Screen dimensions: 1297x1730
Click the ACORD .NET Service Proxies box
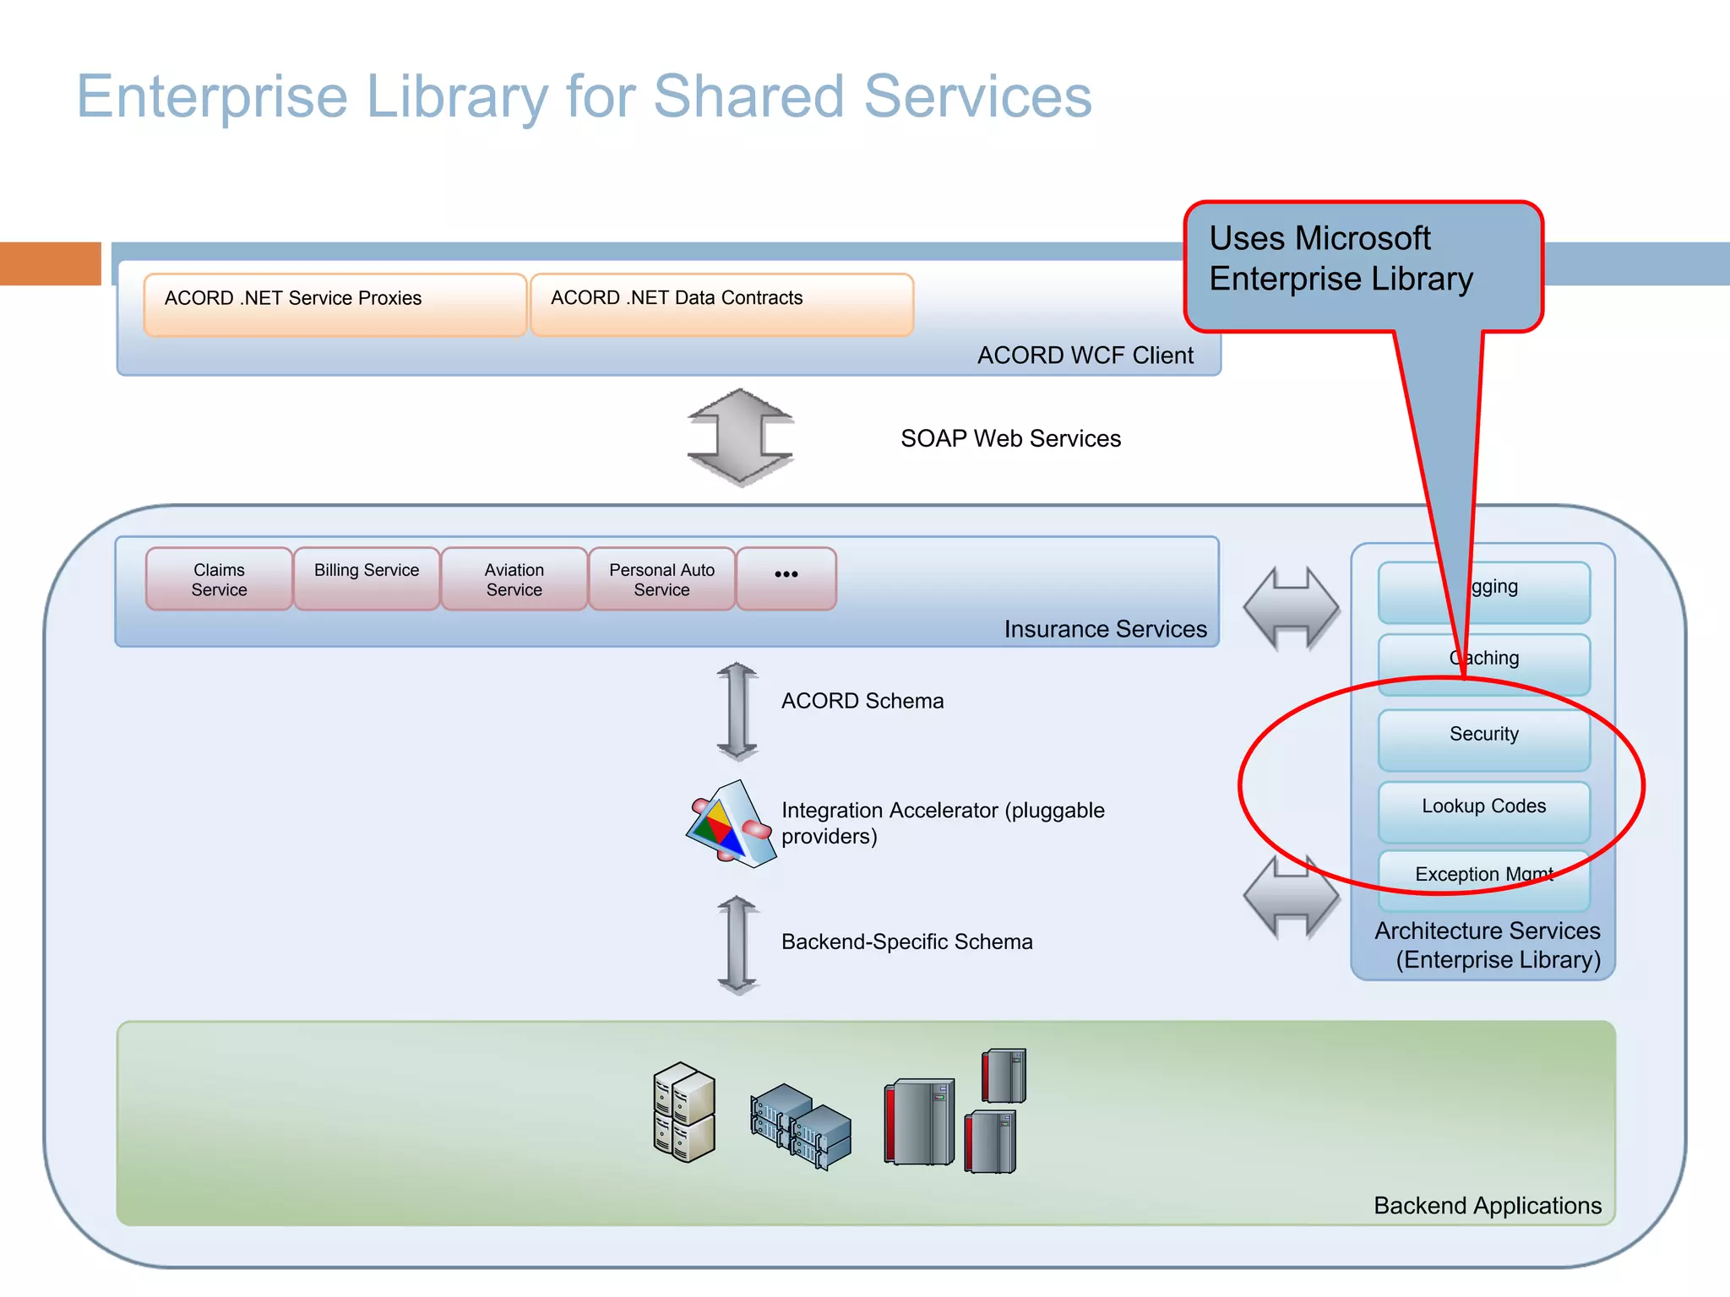click(335, 304)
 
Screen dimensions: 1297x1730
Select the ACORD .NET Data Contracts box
click(721, 304)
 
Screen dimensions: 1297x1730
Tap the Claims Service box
click(219, 579)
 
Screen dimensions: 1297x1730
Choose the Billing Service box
click(367, 579)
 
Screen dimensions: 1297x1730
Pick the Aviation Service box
click(514, 579)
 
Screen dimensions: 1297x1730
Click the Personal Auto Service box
click(661, 579)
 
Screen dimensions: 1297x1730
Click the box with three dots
click(786, 579)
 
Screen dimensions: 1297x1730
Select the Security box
click(1483, 740)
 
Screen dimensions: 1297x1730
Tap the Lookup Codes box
click(1483, 811)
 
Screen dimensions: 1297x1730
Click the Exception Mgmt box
click(1483, 878)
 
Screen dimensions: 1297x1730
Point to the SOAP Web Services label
click(1010, 438)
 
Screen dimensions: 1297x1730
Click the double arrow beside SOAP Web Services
click(740, 437)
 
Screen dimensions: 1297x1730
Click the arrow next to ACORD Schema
click(737, 710)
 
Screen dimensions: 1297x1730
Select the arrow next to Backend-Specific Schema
click(737, 944)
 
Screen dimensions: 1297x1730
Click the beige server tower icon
click(683, 1111)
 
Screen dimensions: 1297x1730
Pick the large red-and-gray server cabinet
click(919, 1121)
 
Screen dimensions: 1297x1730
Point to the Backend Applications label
click(1487, 1205)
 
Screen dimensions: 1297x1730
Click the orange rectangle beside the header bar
click(51, 263)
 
